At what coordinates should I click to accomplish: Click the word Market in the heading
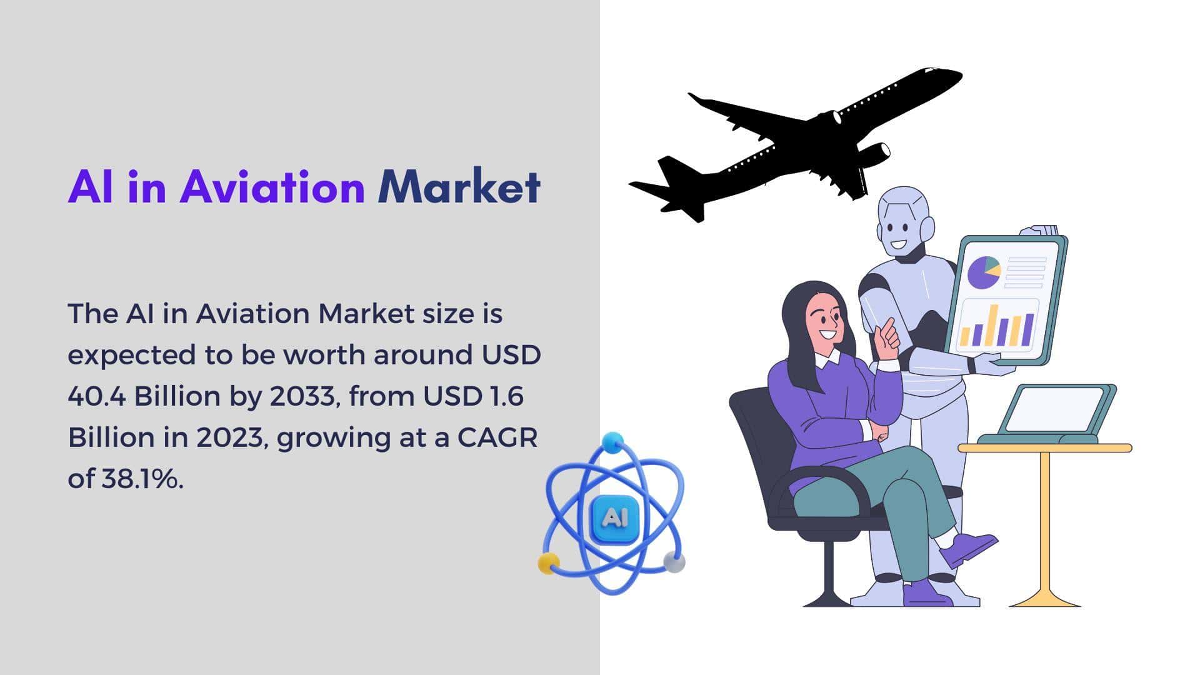tap(459, 186)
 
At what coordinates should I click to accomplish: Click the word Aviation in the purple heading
tap(272, 186)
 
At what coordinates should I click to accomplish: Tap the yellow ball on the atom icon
tap(549, 563)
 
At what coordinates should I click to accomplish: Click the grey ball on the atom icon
tap(674, 561)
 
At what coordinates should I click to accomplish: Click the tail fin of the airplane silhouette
tap(671, 171)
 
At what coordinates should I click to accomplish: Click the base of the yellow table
tap(1044, 597)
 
